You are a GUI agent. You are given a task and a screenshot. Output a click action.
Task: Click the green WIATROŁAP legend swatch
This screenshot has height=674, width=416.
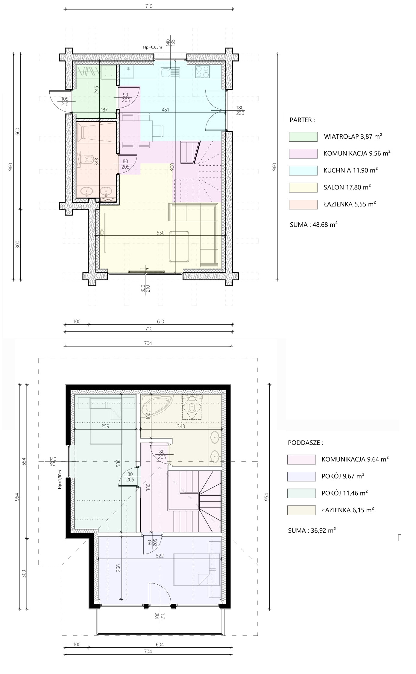click(303, 137)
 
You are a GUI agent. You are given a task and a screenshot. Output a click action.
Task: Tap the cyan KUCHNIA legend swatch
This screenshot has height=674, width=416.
click(303, 170)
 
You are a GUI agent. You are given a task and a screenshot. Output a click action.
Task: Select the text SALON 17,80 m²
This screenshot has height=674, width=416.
click(347, 187)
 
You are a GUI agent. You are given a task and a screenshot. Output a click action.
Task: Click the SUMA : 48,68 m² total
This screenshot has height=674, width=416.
click(314, 224)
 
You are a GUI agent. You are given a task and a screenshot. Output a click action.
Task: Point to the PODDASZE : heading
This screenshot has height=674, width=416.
click(306, 443)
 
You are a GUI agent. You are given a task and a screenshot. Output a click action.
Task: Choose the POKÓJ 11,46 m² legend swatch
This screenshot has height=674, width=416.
click(301, 493)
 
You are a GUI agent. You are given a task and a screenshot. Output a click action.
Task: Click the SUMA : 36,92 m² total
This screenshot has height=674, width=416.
click(312, 530)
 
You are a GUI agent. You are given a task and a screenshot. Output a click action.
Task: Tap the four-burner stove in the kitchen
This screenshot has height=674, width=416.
click(203, 72)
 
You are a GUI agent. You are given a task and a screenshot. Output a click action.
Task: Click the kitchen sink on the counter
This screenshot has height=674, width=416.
click(170, 72)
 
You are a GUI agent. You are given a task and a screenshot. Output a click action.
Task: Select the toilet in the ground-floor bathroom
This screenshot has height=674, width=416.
click(87, 159)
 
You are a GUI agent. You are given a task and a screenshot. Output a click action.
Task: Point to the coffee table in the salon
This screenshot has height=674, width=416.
click(179, 247)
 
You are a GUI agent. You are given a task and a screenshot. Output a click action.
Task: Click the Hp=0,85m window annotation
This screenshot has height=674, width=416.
click(152, 47)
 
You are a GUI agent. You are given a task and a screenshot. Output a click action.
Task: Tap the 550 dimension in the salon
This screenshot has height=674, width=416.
click(161, 233)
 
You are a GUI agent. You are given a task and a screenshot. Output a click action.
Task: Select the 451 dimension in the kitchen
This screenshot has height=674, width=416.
click(165, 110)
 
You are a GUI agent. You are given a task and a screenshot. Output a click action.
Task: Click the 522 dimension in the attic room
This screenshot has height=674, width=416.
click(160, 556)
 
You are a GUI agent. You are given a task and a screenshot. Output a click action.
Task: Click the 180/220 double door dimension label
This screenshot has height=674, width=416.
click(240, 110)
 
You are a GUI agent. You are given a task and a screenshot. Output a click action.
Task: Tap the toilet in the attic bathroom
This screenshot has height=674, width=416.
click(192, 406)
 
